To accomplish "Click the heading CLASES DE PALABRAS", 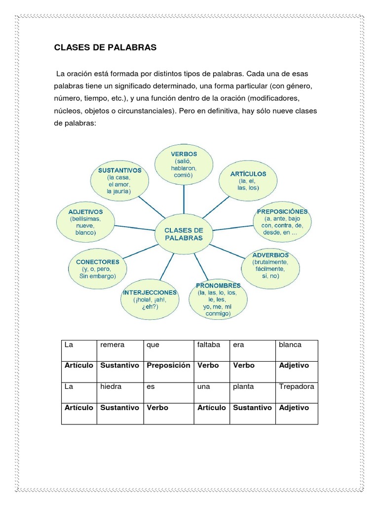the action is pos(105,47).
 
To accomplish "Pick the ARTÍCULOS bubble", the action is pos(248,180).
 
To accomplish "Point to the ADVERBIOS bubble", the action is pos(270,265).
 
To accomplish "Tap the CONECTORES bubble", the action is pos(98,269).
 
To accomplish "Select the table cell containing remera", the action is pos(120,350).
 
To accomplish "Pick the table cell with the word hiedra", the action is pos(120,393).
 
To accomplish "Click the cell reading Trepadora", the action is pos(297,393).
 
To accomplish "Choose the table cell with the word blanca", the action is pos(297,350).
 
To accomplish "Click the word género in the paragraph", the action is pos(298,86).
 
